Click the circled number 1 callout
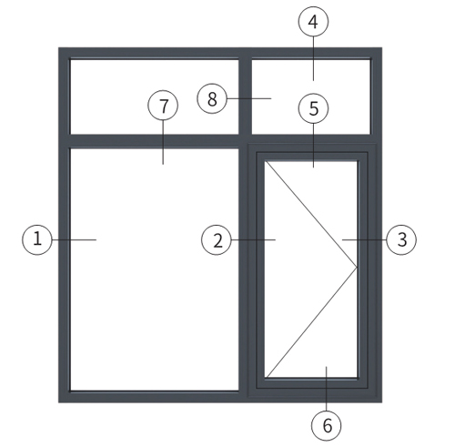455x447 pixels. coord(37,239)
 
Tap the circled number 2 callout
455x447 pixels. coord(217,239)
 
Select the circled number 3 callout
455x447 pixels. coord(401,239)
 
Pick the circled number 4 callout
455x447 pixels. coord(313,22)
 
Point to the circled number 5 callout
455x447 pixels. coord(313,108)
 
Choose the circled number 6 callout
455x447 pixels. coord(327,425)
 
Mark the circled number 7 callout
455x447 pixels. coord(163,106)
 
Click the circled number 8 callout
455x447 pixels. coord(212,98)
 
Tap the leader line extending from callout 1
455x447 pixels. coord(75,239)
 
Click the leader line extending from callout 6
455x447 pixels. coord(327,389)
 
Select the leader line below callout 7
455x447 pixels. coord(163,142)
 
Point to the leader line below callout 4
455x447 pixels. coord(313,58)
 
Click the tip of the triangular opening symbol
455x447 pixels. coord(357,268)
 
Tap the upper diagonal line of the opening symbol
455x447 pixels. coord(311,214)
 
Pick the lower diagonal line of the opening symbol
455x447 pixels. coord(311,322)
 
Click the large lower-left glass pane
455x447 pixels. coord(155,269)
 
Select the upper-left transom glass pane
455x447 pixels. coord(155,97)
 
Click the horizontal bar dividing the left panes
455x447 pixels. coord(155,141)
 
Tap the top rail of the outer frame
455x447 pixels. coord(220,53)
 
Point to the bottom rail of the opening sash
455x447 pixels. coord(312,383)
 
